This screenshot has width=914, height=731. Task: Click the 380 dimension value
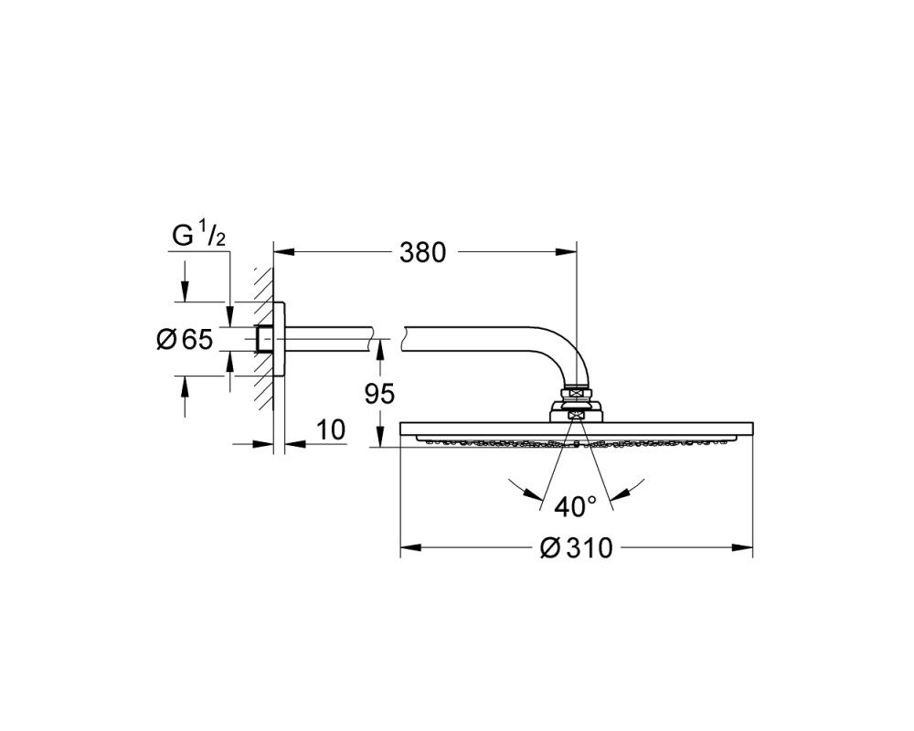pyautogui.click(x=422, y=252)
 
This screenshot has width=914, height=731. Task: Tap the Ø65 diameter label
pyautogui.click(x=185, y=339)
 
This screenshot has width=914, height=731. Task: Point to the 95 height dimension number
pyautogui.click(x=379, y=394)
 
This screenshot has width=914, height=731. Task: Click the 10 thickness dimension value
pyautogui.click(x=331, y=430)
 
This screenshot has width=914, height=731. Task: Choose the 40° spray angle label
pyautogui.click(x=575, y=506)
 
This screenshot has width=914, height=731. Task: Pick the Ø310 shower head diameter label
pyautogui.click(x=577, y=548)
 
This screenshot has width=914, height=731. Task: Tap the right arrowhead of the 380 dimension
pyautogui.click(x=568, y=252)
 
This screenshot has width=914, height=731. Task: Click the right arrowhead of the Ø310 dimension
pyautogui.click(x=743, y=547)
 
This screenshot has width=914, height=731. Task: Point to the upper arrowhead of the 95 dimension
pyautogui.click(x=379, y=348)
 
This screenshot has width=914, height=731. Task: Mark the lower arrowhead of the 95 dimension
pyautogui.click(x=379, y=438)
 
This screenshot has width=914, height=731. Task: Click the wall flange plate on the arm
pyautogui.click(x=279, y=339)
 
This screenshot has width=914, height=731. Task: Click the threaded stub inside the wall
pyautogui.click(x=263, y=339)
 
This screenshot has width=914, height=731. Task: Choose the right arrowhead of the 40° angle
pyautogui.click(x=622, y=493)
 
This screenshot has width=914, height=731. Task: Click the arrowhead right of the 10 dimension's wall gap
pyautogui.click(x=295, y=443)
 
